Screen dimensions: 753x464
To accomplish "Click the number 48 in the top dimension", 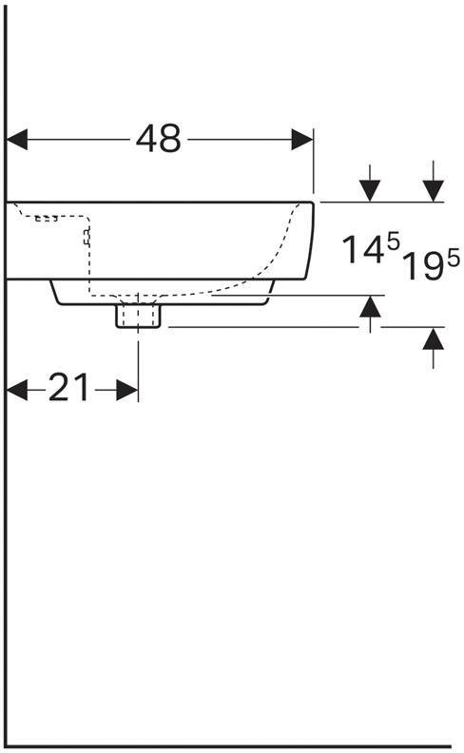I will pyautogui.click(x=158, y=139).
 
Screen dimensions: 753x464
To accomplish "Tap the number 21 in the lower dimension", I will pyautogui.click(x=68, y=388).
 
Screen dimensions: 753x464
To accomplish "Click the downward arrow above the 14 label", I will pyautogui.click(x=370, y=189).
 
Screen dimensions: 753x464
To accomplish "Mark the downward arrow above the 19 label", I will pyautogui.click(x=434, y=189).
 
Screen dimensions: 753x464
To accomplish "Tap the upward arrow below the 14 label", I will pyautogui.click(x=370, y=307).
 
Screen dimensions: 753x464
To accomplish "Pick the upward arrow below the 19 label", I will pyautogui.click(x=434, y=339).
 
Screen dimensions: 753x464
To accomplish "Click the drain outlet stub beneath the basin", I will pyautogui.click(x=138, y=314).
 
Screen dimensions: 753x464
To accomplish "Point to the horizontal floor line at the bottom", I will pyautogui.click(x=228, y=744).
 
